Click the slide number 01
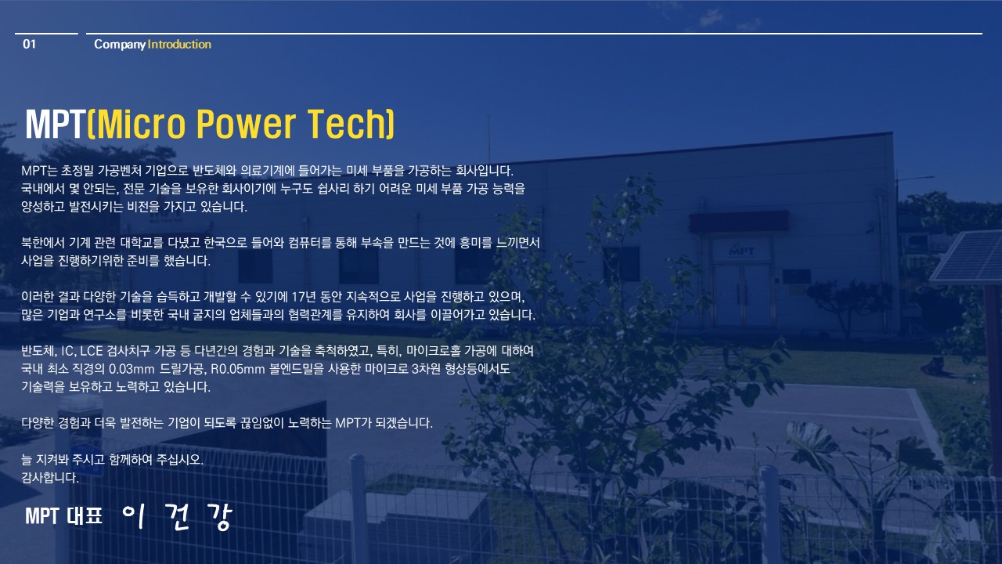[x=29, y=44]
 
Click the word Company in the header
[x=120, y=45]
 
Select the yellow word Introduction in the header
[x=179, y=44]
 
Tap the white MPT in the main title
[x=55, y=124]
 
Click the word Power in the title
[x=246, y=124]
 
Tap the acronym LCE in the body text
[x=92, y=350]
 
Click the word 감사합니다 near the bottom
[x=50, y=478]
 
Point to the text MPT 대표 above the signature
[x=64, y=516]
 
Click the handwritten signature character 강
[x=220, y=516]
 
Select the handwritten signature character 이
[x=134, y=516]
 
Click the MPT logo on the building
[x=741, y=251]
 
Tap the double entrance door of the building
[x=741, y=295]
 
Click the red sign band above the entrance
[x=739, y=222]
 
